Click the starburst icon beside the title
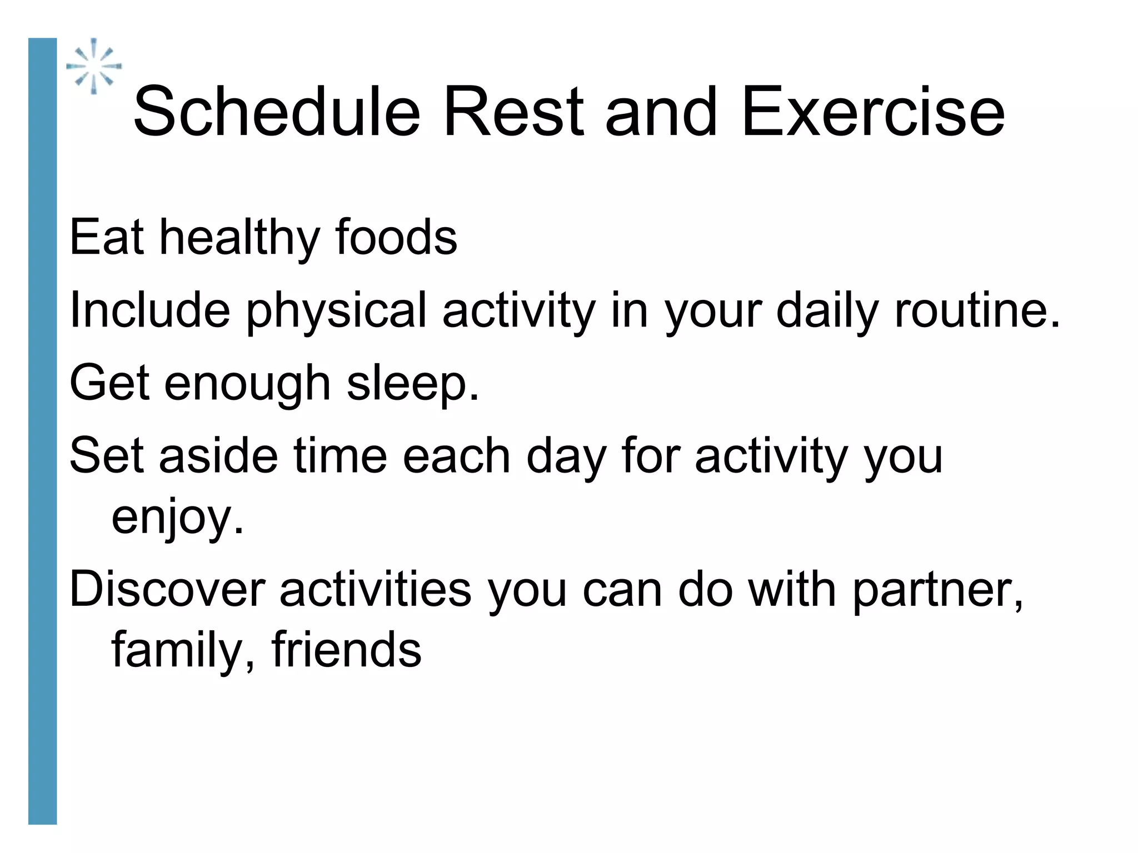[94, 67]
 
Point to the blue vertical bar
[42, 430]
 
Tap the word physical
[336, 312]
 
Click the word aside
[218, 456]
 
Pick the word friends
[346, 649]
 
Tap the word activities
[376, 589]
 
